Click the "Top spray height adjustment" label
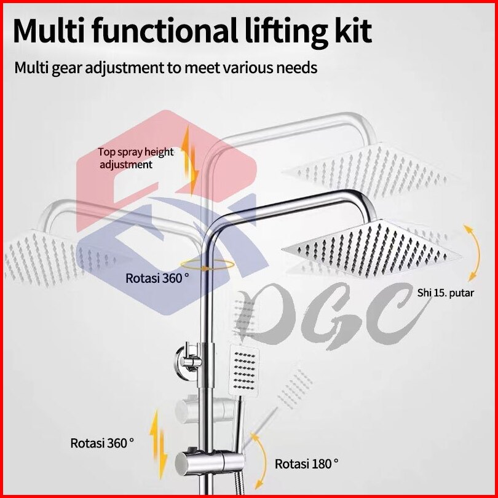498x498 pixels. click(x=135, y=158)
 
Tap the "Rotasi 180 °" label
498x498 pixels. click(x=306, y=463)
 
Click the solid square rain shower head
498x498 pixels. click(x=369, y=249)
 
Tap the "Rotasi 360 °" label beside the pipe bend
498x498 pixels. click(x=157, y=278)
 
